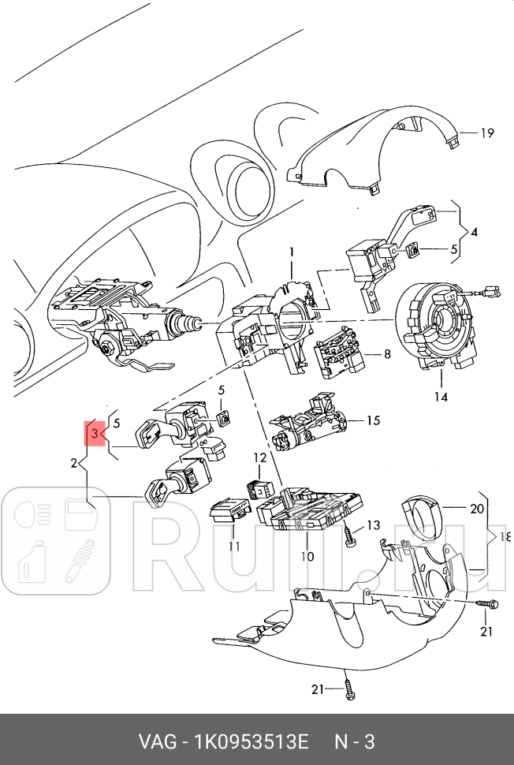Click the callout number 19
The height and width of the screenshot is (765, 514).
(487, 132)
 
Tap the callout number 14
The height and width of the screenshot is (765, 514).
(441, 397)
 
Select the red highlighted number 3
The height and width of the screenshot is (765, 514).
(94, 433)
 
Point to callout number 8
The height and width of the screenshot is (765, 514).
(387, 354)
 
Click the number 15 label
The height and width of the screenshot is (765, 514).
(373, 420)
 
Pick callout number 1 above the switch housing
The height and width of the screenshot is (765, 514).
(290, 252)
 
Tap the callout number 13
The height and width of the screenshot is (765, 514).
(373, 525)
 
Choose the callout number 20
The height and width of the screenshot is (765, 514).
(476, 509)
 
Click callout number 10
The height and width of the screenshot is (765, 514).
(307, 556)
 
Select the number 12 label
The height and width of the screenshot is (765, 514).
(260, 457)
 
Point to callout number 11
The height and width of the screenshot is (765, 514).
(234, 546)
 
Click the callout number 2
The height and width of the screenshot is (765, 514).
(73, 462)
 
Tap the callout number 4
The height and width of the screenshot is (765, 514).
(474, 233)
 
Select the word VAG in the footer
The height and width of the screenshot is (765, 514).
(157, 742)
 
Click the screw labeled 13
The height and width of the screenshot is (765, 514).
(348, 539)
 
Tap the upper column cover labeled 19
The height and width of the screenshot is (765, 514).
(371, 150)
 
